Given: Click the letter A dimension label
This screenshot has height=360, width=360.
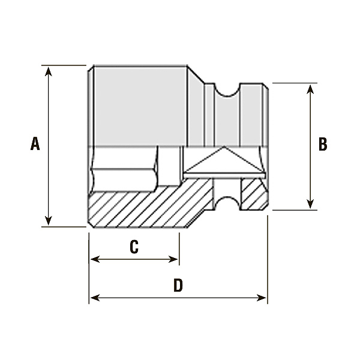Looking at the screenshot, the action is point(35,144).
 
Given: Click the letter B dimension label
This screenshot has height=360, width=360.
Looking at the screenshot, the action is point(323,144).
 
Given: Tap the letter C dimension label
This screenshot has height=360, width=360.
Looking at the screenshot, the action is point(134,247).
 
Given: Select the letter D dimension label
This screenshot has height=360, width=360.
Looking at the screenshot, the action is point(178,285).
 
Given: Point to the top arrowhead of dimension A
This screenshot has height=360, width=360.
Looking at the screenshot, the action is point(48,71).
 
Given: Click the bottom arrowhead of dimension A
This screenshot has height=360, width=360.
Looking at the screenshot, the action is point(48,221).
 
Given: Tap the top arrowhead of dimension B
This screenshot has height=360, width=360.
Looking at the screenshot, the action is point(310,89).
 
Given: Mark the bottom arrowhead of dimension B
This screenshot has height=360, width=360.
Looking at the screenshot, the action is point(310,205).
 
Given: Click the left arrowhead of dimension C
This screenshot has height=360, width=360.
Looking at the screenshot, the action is point(95,259).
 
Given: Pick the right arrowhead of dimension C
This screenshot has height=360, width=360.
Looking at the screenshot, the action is point(173,259).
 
